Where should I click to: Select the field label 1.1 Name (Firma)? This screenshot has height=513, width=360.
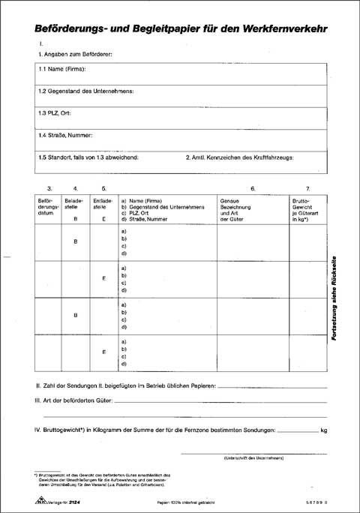click(62, 69)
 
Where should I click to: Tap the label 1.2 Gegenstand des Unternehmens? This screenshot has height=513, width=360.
click(86, 91)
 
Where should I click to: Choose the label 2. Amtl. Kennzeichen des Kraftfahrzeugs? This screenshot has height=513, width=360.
click(239, 157)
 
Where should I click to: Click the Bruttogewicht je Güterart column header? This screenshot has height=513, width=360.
click(307, 208)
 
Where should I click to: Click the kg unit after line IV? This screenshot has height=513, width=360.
click(323, 430)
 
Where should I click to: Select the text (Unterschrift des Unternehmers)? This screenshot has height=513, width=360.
click(252, 458)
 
